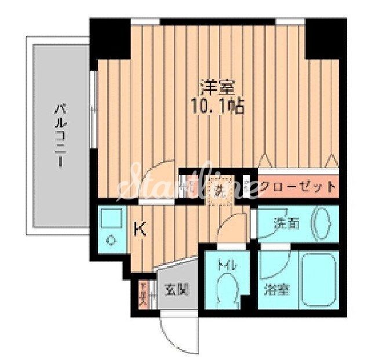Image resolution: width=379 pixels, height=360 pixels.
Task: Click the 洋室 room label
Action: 217,89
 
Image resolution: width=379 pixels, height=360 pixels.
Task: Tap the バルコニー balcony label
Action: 60,134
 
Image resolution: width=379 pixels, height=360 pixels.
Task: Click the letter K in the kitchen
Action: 140,230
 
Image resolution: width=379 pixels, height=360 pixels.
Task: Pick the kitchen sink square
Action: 109,218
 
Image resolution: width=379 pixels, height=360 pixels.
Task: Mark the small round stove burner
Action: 109,239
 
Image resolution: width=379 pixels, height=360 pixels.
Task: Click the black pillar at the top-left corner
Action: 110,39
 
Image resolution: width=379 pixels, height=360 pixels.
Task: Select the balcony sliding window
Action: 93,110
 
